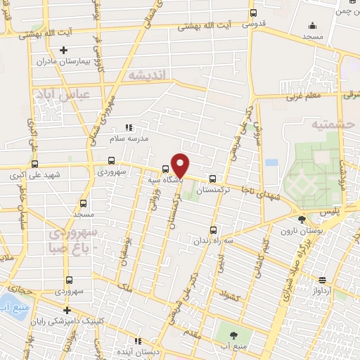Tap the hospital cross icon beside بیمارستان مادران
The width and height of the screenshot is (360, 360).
64,50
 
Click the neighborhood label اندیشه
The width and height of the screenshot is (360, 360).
145,75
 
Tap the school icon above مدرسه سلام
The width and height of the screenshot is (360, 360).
128,128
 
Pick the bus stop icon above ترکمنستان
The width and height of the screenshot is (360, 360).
213,179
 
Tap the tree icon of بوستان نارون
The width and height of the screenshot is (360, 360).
302,219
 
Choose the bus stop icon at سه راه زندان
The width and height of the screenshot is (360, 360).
213,229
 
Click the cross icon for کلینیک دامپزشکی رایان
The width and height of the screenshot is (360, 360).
67,310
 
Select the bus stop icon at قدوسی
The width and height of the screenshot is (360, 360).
253,12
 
